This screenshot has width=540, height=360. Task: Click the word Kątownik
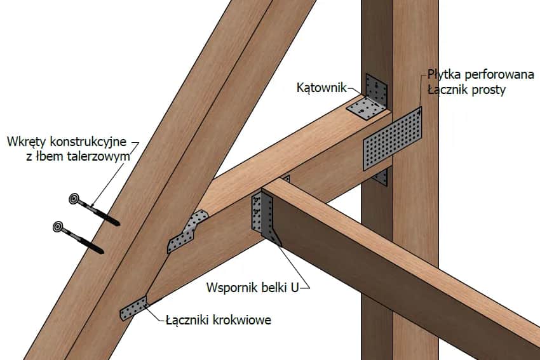coord(321,88)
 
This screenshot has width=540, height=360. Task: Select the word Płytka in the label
coord(445,76)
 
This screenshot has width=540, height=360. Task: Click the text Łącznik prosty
coord(466,90)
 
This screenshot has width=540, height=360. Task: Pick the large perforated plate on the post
coord(393,138)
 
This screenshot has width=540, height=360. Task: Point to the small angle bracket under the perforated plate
coord(381,177)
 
